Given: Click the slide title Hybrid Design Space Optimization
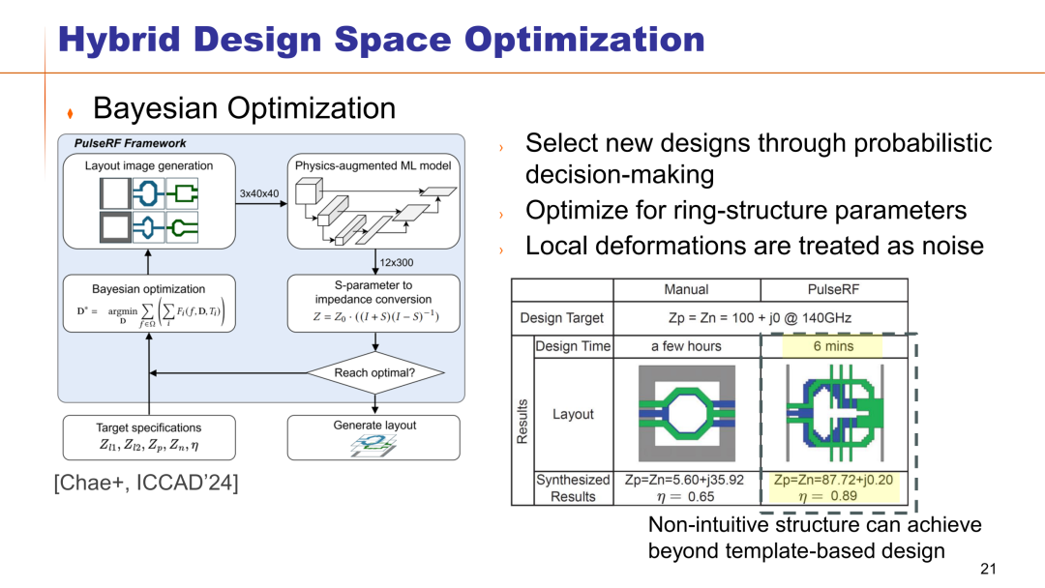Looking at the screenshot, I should click(380, 39).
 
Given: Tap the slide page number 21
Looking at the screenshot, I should click(987, 568).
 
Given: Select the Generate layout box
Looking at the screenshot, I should click(374, 437).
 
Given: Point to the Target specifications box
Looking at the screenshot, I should click(148, 437).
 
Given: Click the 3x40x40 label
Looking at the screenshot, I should click(258, 193).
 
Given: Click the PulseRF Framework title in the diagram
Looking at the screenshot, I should click(131, 143).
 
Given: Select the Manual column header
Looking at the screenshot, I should click(686, 289).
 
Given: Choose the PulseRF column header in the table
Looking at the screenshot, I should click(833, 289).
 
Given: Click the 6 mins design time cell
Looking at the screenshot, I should click(833, 345).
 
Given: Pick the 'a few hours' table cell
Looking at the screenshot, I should click(686, 345).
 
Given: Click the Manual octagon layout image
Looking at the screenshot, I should click(686, 413).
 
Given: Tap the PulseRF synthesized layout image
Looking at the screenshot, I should click(833, 413).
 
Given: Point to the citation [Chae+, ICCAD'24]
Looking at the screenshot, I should click(145, 482).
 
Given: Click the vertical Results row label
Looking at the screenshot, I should click(522, 421).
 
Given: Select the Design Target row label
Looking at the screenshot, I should click(561, 317).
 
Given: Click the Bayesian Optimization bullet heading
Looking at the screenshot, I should click(244, 108).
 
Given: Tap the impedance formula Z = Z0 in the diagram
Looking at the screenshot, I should click(374, 315).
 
